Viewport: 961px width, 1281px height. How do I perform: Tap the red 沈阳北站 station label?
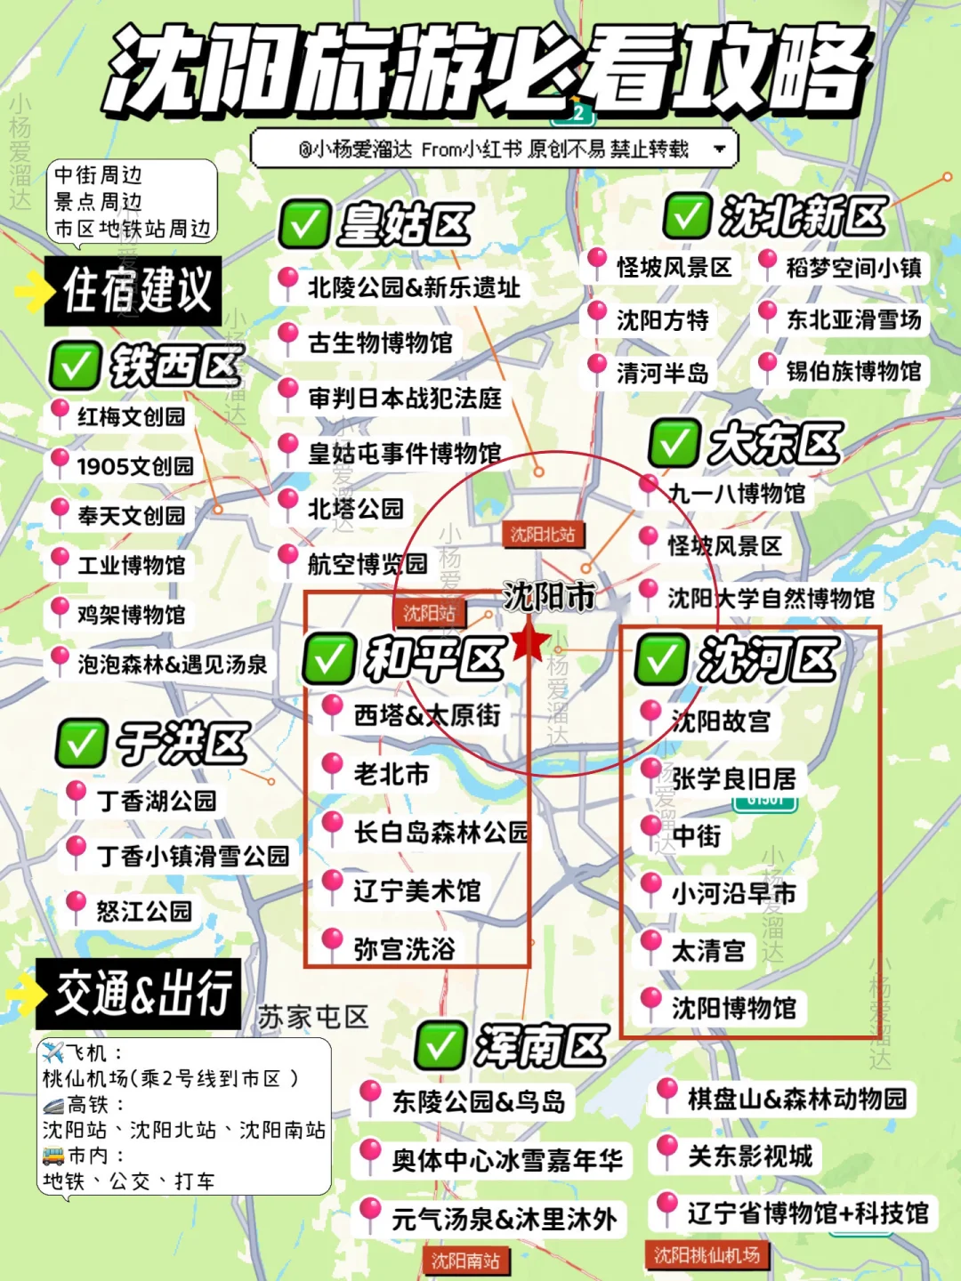click(x=543, y=534)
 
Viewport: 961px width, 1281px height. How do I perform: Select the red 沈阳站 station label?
click(x=430, y=612)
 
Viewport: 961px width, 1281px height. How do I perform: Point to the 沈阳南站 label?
click(x=465, y=1260)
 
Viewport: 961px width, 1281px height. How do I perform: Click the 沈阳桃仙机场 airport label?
click(x=707, y=1254)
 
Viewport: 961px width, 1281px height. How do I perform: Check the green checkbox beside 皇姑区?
click(x=304, y=223)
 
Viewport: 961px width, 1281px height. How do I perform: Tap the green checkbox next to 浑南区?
click(x=440, y=1044)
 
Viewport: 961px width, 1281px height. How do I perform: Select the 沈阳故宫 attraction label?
click(x=721, y=721)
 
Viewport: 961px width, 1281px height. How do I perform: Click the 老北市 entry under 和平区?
click(x=392, y=774)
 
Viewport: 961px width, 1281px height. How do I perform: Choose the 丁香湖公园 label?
click(x=157, y=801)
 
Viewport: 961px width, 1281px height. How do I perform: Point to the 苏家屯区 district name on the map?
click(x=313, y=1017)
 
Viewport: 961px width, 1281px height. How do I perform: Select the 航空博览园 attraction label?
click(x=367, y=564)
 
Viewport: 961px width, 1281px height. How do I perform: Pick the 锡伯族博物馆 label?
click(x=853, y=371)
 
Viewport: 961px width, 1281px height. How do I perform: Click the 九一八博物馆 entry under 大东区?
click(x=737, y=493)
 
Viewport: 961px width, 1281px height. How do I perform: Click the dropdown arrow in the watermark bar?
click(x=720, y=149)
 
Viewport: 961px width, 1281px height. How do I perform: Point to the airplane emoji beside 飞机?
click(x=53, y=1053)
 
